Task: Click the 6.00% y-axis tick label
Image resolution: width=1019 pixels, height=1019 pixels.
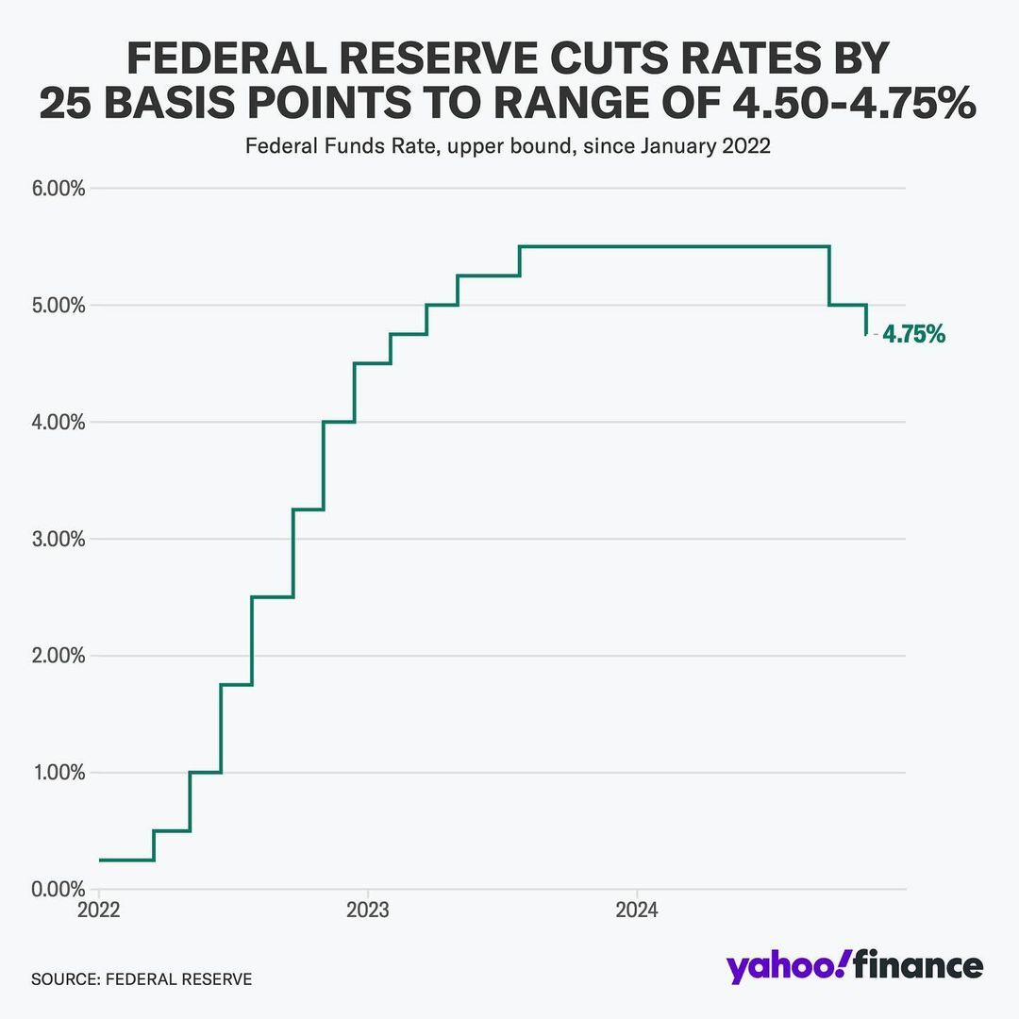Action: (x=58, y=189)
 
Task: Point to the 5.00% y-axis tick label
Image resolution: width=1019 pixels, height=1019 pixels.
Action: (x=58, y=306)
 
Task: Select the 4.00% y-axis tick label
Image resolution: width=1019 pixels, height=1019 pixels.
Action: (x=58, y=423)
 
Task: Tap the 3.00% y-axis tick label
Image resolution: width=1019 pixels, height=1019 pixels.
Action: (x=58, y=540)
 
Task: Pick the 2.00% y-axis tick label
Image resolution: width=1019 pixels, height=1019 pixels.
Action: (x=58, y=656)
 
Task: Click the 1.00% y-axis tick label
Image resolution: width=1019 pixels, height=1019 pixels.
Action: (x=58, y=773)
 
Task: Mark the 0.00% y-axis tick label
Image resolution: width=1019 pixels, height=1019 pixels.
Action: (x=58, y=890)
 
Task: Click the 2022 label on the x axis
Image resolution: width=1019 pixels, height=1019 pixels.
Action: (x=98, y=911)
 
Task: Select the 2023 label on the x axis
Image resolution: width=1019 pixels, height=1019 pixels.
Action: (x=367, y=911)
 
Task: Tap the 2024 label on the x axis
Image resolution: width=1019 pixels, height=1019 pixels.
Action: (x=636, y=911)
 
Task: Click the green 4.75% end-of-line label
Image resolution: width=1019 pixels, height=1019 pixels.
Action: (x=913, y=334)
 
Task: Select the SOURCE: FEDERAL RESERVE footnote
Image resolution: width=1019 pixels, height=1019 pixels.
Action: (x=142, y=979)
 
